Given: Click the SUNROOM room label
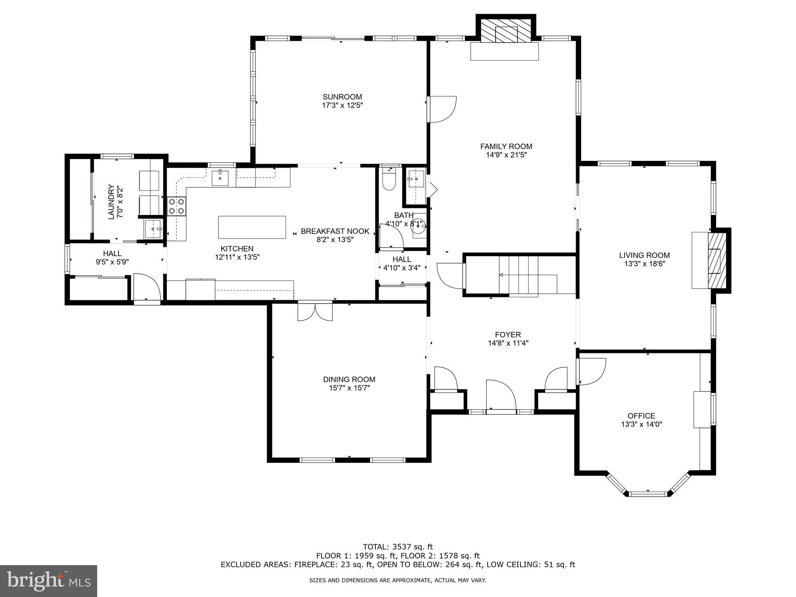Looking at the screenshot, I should click(342, 97).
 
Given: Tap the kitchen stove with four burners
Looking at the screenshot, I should click(176, 206).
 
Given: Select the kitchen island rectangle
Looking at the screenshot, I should click(252, 227).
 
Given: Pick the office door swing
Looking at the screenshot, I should click(592, 371).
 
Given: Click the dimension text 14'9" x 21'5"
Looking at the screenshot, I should click(506, 155).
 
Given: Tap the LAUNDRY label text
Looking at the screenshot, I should click(112, 201).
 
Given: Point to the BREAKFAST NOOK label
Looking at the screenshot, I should click(335, 231).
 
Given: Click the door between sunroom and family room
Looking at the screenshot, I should click(442, 109).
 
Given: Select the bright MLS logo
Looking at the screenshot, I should click(49, 581).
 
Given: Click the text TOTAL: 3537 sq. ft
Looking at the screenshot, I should click(398, 547).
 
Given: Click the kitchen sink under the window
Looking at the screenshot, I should click(220, 178).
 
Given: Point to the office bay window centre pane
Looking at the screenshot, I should click(648, 494).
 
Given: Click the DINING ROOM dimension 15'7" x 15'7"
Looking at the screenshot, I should click(349, 388).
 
